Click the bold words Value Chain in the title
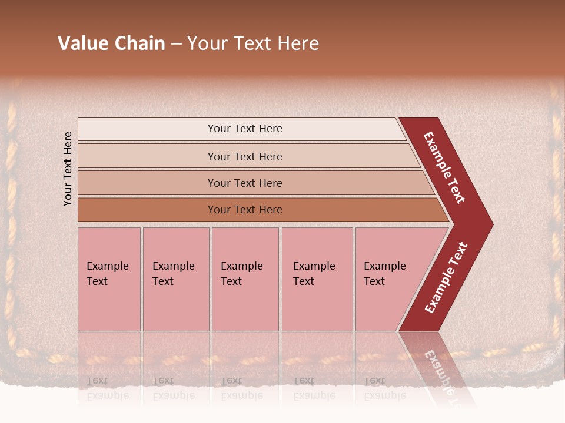point(111,43)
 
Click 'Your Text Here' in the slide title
point(253,43)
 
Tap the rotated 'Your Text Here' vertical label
point(68,169)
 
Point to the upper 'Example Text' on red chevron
point(444,167)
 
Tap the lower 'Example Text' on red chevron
point(446,278)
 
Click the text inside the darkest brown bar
point(245,210)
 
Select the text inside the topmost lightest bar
point(245,129)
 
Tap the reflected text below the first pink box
point(107,388)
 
